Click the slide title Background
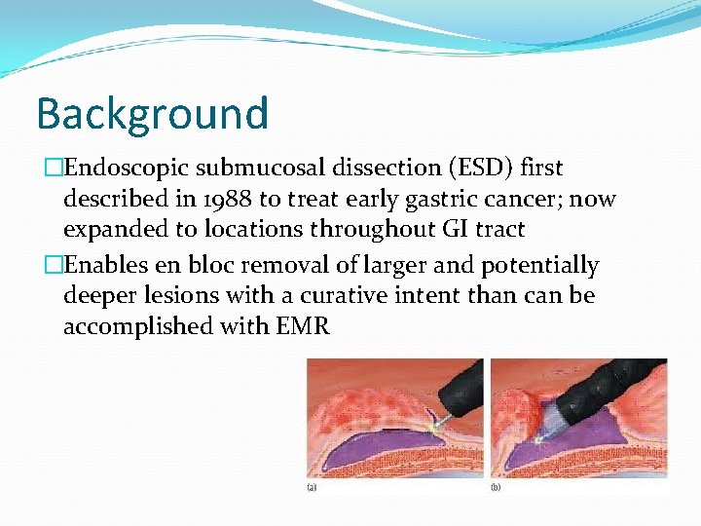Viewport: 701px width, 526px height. (x=152, y=113)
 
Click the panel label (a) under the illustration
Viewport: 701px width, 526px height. (x=313, y=486)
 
